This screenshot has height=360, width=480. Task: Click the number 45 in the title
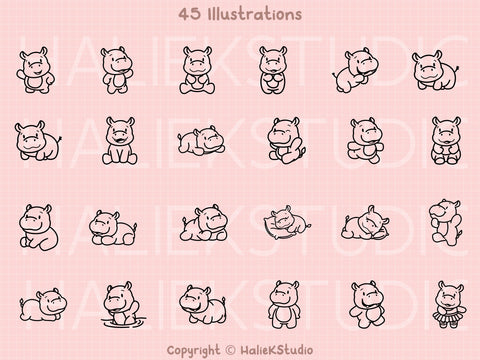(188, 16)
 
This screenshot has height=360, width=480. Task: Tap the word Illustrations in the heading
(251, 16)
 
